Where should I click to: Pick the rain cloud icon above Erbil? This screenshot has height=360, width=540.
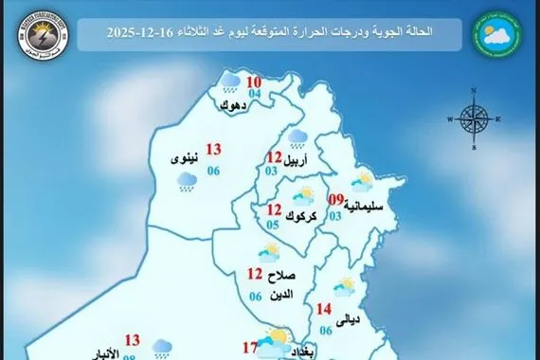297,138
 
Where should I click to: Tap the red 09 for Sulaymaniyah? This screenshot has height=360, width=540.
334,200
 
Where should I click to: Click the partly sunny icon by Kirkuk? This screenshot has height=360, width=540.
304,197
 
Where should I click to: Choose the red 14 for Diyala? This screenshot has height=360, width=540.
325,308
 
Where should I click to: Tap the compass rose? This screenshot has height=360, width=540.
472,119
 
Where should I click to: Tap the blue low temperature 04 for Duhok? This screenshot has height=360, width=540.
228,94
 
